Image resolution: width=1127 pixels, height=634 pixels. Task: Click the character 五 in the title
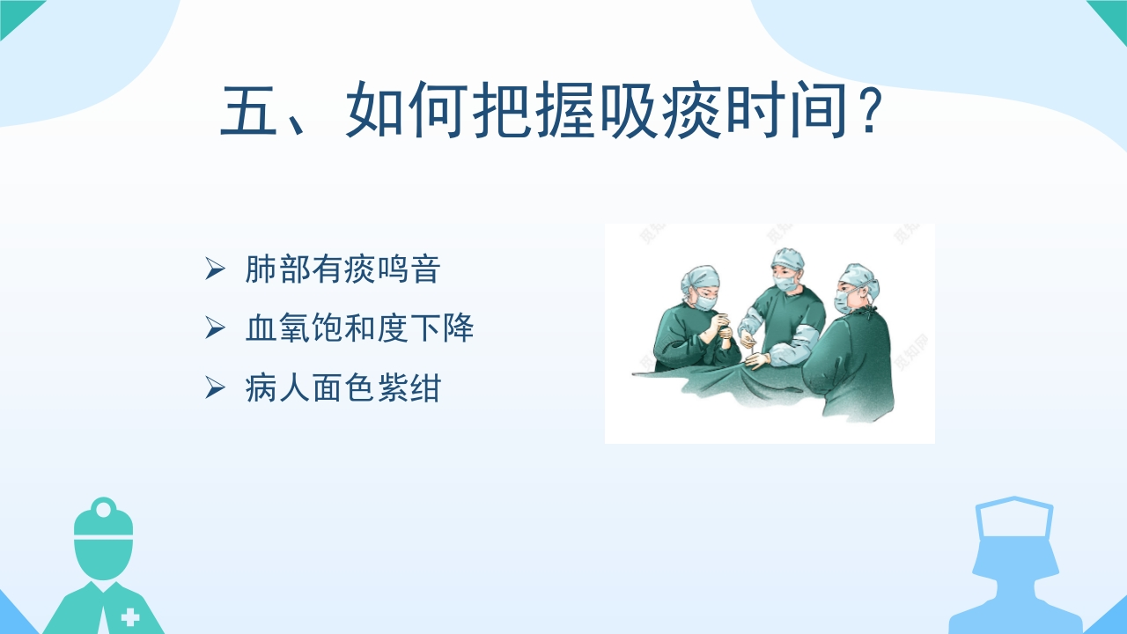(249, 110)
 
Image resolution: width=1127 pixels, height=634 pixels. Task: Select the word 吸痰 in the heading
(661, 110)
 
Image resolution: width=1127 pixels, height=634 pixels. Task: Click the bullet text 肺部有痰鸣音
(343, 269)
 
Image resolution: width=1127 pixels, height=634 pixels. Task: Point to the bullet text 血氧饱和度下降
(359, 328)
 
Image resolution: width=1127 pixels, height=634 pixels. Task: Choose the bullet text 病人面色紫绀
(343, 388)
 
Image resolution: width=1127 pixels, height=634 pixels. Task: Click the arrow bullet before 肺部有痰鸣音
(215, 269)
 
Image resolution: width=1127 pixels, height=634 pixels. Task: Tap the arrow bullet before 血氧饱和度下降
(215, 328)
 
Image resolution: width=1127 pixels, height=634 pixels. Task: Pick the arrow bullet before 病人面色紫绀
(215, 388)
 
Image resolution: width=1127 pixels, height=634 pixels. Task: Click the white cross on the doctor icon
(129, 617)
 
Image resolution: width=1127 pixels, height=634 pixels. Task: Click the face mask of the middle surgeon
(784, 283)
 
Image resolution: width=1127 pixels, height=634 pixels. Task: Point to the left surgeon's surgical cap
(699, 279)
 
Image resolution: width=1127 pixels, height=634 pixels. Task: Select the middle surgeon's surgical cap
(787, 259)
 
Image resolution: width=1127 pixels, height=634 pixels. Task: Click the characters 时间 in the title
(786, 110)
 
